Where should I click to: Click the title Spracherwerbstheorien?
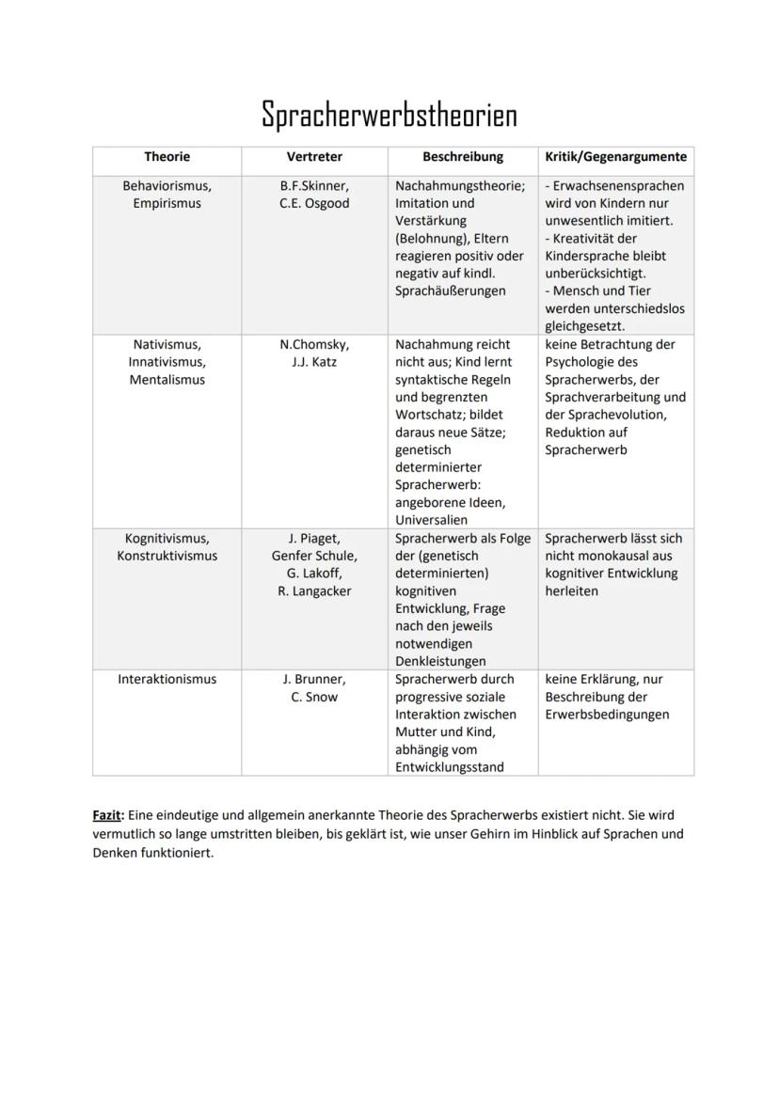click(389, 115)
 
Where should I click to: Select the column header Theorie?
click(167, 157)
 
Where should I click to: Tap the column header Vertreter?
click(314, 157)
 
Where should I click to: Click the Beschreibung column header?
click(462, 157)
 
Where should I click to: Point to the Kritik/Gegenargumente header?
click(615, 157)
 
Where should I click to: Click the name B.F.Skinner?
click(314, 186)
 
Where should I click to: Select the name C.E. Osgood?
click(314, 203)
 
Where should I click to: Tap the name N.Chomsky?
click(314, 344)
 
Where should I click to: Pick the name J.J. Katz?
click(314, 362)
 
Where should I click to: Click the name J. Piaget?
click(314, 539)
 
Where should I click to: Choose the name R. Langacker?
click(314, 591)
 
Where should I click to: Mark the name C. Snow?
click(314, 697)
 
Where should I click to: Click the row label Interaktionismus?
click(167, 679)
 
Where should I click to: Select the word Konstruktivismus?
click(167, 556)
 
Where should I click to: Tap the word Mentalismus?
click(167, 380)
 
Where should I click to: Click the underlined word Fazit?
click(108, 815)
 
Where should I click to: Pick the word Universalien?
click(431, 520)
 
